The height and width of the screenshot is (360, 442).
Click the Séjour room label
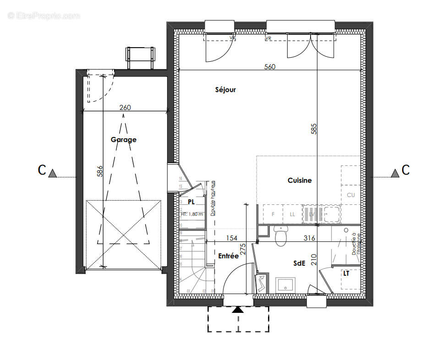(225, 90)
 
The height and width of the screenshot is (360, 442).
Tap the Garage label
(123, 140)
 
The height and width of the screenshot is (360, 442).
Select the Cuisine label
(300, 180)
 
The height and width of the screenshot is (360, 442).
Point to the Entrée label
(228, 256)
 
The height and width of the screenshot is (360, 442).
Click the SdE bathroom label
(300, 264)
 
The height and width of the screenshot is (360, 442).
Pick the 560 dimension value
(270, 67)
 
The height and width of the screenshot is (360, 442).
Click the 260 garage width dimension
(125, 108)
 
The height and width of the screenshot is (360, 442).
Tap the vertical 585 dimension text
(314, 128)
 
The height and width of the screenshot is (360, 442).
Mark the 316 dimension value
(310, 238)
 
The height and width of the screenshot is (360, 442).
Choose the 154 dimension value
(232, 238)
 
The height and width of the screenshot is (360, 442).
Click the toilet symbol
(280, 235)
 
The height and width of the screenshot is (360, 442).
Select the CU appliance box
(351, 195)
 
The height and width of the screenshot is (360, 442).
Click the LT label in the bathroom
(346, 273)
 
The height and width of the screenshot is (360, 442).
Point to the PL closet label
(191, 202)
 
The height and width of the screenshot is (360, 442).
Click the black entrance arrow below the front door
(237, 310)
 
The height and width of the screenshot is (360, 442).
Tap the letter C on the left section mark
(42, 170)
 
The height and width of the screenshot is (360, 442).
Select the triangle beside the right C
(395, 173)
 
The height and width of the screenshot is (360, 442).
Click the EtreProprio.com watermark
(44, 16)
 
